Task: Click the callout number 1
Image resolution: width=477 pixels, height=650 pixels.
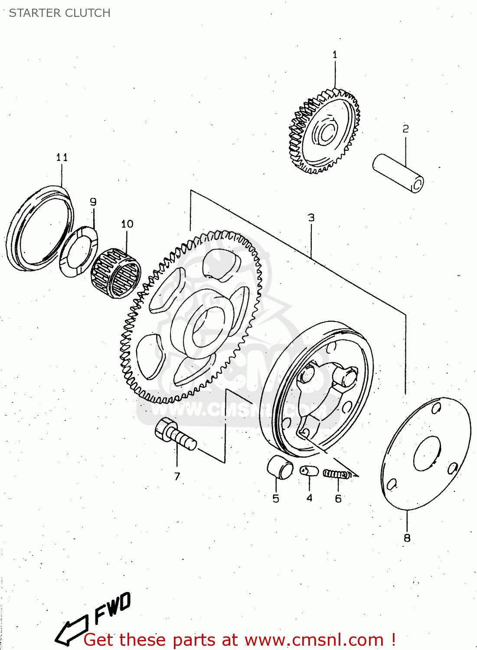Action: point(335,55)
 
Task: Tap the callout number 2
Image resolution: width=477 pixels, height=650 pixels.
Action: point(405,129)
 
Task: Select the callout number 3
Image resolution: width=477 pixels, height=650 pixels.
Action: point(311,218)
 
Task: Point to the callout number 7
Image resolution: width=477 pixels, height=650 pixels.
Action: point(177,476)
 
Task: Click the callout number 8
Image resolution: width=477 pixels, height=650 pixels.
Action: point(407,538)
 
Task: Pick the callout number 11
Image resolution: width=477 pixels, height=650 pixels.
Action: point(62,157)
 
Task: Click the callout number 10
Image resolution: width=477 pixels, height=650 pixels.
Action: point(127,224)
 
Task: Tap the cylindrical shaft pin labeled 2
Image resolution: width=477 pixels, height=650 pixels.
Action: point(398,172)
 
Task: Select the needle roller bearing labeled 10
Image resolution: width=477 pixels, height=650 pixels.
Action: point(116,273)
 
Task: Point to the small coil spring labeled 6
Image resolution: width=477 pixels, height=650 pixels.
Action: point(337,474)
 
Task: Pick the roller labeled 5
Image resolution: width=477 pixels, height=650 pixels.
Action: point(279,467)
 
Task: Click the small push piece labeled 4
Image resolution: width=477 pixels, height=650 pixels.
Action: point(309,471)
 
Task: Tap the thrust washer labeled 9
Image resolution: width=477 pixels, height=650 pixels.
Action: point(78,251)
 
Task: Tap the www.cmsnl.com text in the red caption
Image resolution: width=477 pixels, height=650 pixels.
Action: point(314,640)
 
